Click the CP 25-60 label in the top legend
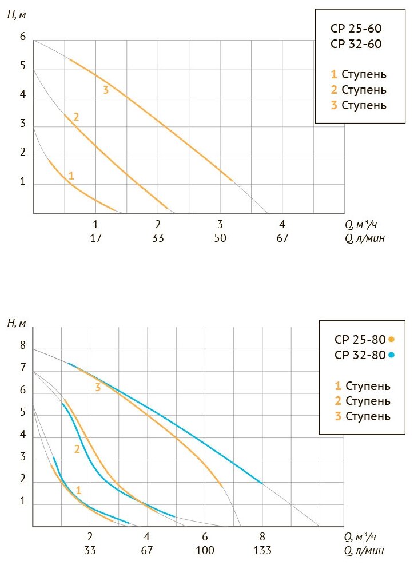click(356, 29)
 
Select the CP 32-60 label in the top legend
click(356, 44)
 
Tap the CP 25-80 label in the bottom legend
click(360, 339)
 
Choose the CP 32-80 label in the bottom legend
click(360, 355)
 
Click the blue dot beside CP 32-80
click(391, 355)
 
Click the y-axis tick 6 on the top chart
click(23, 37)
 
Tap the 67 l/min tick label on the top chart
click(282, 238)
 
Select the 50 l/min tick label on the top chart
click(220, 238)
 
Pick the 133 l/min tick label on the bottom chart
click(262, 550)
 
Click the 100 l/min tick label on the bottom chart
click(205, 550)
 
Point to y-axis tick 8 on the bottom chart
click(23, 346)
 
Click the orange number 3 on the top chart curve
click(106, 90)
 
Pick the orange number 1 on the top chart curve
click(71, 176)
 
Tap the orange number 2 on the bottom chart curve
click(77, 449)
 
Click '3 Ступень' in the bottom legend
click(363, 416)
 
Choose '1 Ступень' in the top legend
click(359, 74)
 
